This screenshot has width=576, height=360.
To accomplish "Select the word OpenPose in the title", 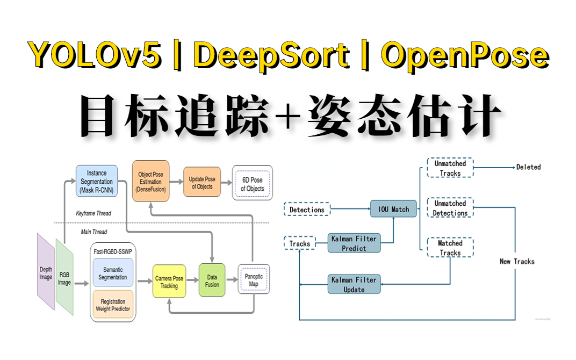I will point(465,55).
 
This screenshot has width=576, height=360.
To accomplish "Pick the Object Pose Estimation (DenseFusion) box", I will point(150,181).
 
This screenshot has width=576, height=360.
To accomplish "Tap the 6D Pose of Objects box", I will point(252,183).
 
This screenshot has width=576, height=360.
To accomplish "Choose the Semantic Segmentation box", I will point(113,273).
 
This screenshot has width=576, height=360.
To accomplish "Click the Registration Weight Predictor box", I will point(113,305).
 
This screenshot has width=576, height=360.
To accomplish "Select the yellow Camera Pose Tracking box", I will point(169,282).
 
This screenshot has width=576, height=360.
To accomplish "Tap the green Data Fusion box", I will point(212,281).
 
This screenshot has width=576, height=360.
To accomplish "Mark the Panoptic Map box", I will point(254,279).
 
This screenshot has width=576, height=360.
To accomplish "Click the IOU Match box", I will point(393,209).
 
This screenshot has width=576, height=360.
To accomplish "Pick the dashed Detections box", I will point(307,210).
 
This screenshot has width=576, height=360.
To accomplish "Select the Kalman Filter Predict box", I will point(354,243).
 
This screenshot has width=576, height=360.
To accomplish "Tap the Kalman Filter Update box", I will point(354,284).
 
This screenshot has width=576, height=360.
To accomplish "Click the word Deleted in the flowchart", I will point(528,167).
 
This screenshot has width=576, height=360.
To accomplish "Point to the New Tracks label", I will point(517,261).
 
